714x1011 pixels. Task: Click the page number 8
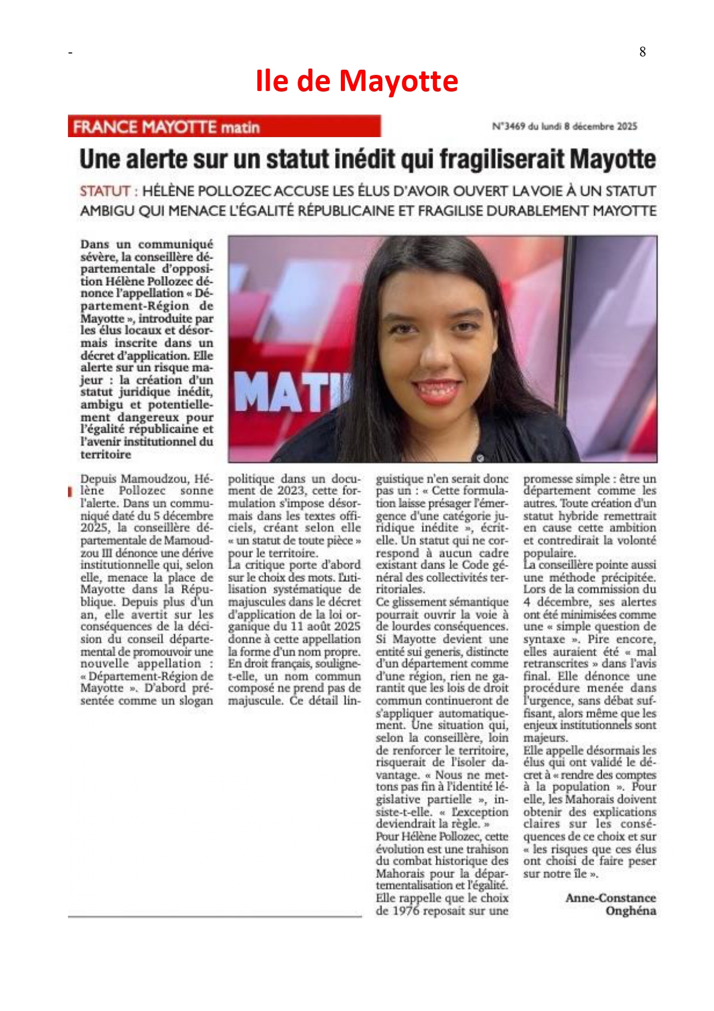pos(643,52)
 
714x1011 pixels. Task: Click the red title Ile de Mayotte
pos(356,81)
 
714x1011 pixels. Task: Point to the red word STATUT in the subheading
pos(104,191)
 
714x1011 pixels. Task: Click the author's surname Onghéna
pos(631,911)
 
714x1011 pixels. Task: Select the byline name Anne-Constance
pos(610,898)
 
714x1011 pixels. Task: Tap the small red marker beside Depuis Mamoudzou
pos(70,491)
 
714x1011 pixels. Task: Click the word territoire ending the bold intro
pos(106,455)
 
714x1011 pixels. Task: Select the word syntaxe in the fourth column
pos(544,639)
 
